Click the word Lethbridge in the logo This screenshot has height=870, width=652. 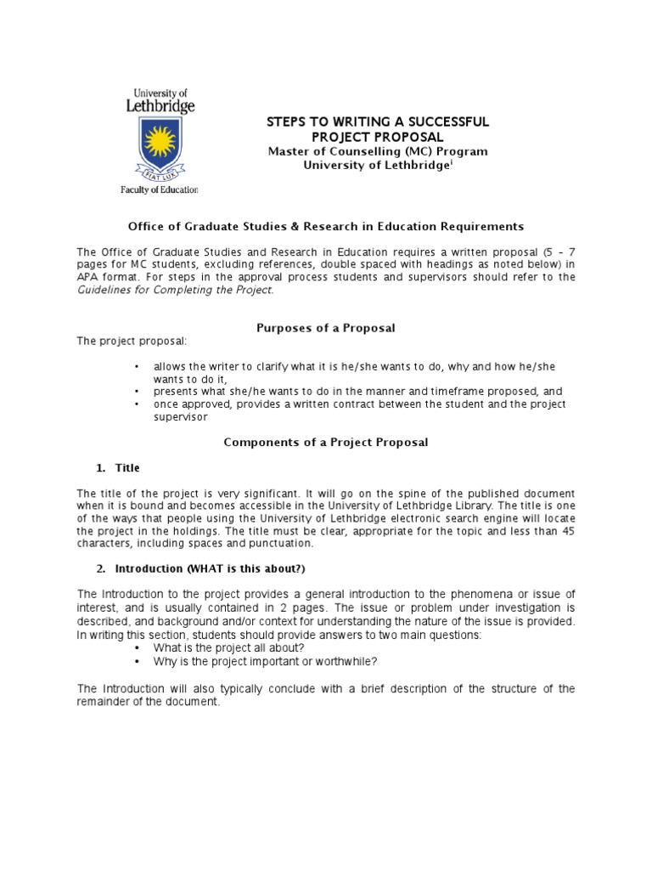click(x=160, y=106)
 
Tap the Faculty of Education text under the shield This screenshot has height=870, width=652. click(x=159, y=190)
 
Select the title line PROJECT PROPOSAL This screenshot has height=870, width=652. click(x=378, y=137)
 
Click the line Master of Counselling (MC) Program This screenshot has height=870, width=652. click(x=378, y=151)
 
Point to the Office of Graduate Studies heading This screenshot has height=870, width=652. click(x=326, y=226)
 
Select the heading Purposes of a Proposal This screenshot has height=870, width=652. click(x=326, y=327)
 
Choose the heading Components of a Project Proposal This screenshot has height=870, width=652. click(x=326, y=442)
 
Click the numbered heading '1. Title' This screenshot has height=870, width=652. click(x=119, y=468)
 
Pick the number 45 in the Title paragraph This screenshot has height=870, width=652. click(x=567, y=531)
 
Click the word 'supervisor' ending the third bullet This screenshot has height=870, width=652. click(x=181, y=417)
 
